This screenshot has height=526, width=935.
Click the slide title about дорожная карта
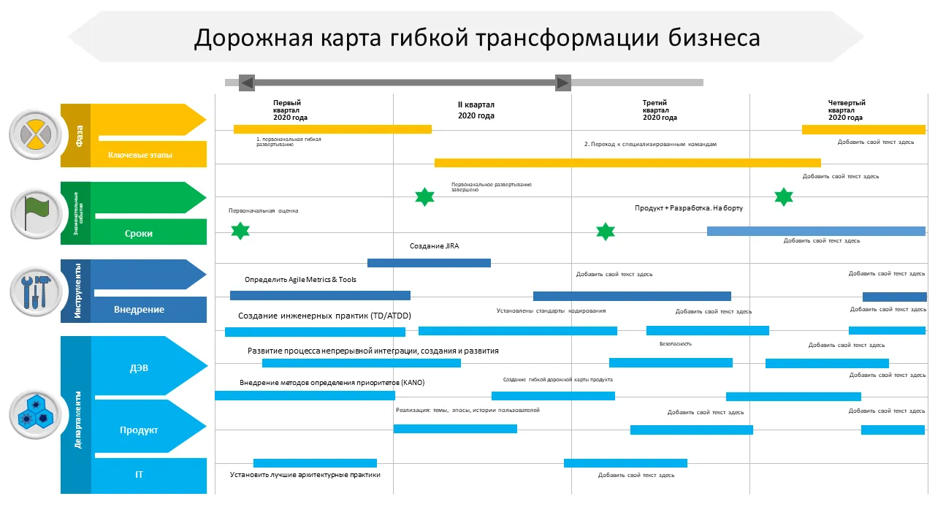click(476, 38)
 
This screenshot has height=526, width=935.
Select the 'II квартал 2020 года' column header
click(476, 110)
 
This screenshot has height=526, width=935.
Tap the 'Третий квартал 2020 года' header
click(660, 110)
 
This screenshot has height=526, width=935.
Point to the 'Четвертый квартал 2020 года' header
click(846, 110)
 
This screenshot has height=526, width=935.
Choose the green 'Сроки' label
click(138, 234)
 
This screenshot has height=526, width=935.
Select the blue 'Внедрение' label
click(139, 310)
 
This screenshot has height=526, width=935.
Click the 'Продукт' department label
click(139, 430)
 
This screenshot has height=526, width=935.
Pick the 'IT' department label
click(139, 475)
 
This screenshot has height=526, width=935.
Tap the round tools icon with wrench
click(35, 291)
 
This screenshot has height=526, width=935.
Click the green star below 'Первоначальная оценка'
click(240, 232)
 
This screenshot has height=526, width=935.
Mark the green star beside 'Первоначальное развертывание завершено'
click(424, 196)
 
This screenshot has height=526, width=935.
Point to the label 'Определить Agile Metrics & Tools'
click(300, 280)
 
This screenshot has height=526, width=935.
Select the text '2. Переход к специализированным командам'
click(650, 145)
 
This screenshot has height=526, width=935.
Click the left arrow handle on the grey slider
click(247, 83)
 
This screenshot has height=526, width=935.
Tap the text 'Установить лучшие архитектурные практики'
click(305, 475)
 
